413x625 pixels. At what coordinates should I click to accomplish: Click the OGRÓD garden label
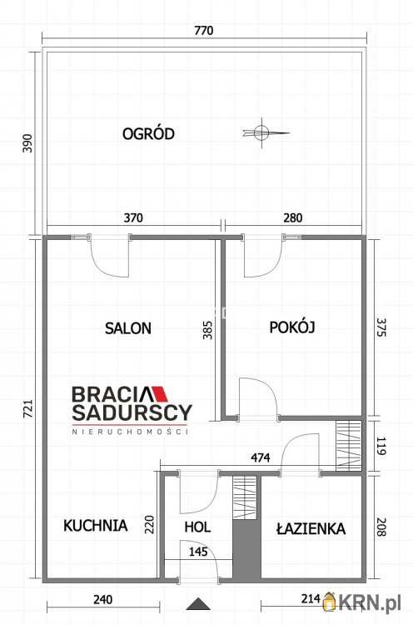click(x=148, y=133)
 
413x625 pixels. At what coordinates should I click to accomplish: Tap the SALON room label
click(x=128, y=328)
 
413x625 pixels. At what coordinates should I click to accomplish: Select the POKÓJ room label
click(x=292, y=327)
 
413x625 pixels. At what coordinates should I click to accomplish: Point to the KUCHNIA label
click(x=96, y=525)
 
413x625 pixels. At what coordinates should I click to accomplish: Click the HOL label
click(x=197, y=527)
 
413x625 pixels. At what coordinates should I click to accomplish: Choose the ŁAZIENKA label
click(x=311, y=528)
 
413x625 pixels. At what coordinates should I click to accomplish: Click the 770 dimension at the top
click(x=203, y=30)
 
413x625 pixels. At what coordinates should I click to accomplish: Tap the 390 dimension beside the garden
click(x=27, y=143)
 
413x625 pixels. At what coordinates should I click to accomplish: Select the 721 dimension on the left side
click(x=27, y=409)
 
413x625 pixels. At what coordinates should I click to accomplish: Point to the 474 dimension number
click(x=260, y=457)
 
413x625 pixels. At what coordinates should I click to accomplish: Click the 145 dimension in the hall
click(x=198, y=552)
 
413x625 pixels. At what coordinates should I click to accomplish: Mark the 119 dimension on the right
click(x=381, y=447)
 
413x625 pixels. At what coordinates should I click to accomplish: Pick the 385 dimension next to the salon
click(x=207, y=330)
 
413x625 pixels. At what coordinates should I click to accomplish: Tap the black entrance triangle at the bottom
click(x=198, y=604)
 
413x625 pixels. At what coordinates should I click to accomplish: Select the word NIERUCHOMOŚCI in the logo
click(x=130, y=431)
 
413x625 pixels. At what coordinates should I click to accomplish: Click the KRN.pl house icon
click(x=330, y=602)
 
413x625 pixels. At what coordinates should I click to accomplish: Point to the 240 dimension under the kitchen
click(x=102, y=599)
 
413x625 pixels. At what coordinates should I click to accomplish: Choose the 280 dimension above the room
click(x=293, y=217)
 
